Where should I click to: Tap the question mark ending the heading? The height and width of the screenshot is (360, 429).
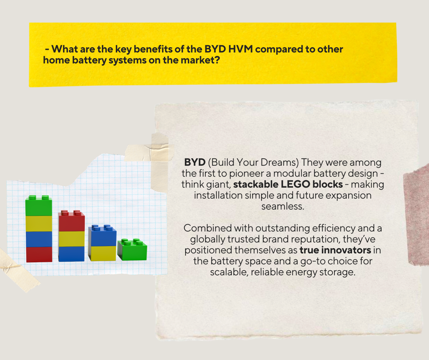[217, 60]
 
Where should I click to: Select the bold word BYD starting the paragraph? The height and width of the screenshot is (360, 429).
[195, 162]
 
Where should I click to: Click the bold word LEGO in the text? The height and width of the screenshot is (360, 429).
[295, 184]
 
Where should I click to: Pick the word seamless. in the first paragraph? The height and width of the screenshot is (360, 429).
[283, 206]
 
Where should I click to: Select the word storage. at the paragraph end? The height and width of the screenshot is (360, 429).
[337, 272]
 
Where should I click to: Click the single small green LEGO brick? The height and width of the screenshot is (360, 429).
[132, 249]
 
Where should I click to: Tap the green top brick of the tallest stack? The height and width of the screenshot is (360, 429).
[38, 206]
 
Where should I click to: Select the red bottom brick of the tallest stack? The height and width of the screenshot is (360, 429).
[39, 255]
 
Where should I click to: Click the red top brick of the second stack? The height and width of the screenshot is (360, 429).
[72, 221]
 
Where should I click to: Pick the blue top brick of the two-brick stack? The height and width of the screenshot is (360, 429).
[102, 235]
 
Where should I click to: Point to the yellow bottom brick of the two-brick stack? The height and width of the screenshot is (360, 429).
[102, 253]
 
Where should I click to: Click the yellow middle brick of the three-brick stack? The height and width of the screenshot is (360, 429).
[72, 239]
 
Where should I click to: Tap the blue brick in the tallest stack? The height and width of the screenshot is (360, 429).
[39, 239]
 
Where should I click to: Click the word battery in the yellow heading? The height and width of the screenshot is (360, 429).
[89, 60]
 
